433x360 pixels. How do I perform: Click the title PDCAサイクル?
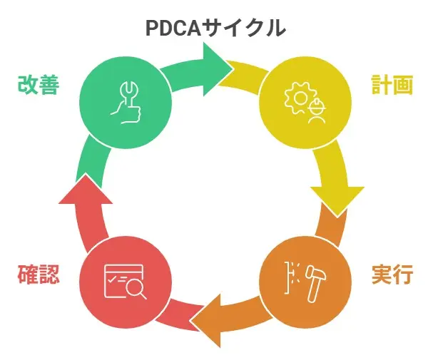(215, 29)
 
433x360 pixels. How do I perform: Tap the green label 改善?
(38, 85)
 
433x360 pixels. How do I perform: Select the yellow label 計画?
(392, 85)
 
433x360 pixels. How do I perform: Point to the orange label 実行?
(392, 274)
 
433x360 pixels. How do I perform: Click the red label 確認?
(38, 274)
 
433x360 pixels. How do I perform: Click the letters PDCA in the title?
(173, 29)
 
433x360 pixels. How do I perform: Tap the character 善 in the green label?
(48, 85)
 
